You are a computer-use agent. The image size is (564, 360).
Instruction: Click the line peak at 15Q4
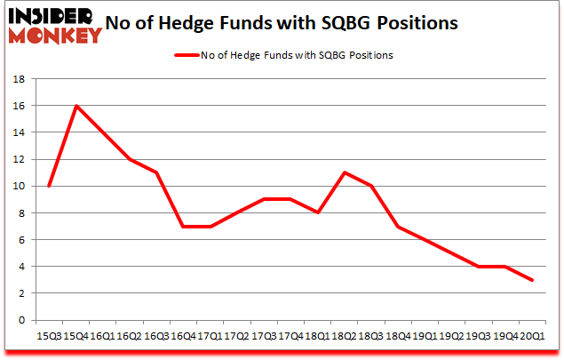[x=76, y=106]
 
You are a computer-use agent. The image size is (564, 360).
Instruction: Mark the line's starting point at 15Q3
[x=49, y=186]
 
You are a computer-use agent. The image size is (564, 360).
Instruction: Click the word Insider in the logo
[x=56, y=17]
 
